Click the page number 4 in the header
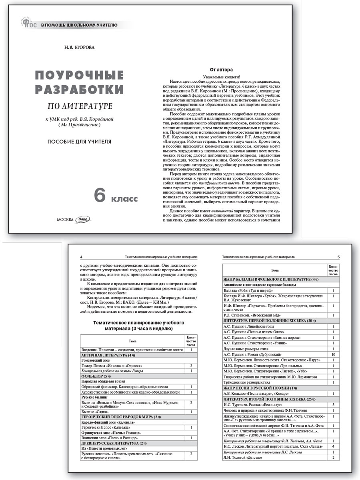[82, 257]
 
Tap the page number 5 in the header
[338, 257]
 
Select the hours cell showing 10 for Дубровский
[333, 355]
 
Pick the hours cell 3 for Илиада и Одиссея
[191, 366]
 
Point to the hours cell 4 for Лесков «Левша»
[333, 446]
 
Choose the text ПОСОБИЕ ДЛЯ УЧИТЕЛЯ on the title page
[80, 142]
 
